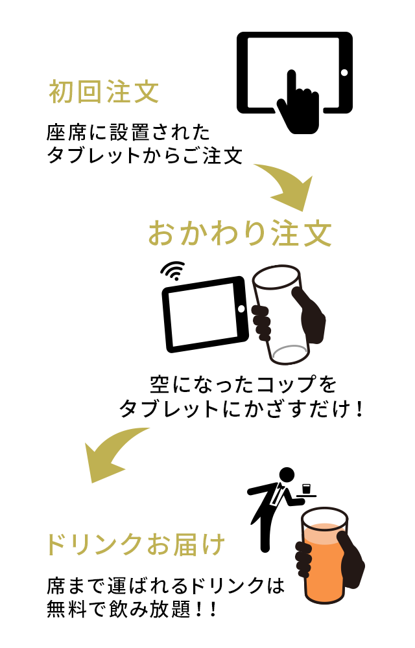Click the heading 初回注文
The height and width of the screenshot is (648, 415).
[x=104, y=91]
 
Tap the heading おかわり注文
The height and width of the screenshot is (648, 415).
[x=240, y=233]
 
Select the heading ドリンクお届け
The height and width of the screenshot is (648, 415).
[x=136, y=544]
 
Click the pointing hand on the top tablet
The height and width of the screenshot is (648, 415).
[x=298, y=103]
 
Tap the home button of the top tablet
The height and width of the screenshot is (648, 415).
[x=344, y=73]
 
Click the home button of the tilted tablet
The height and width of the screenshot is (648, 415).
[x=242, y=308]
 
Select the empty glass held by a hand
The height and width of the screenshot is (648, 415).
[x=280, y=315]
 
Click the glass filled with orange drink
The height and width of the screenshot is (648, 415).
[x=324, y=556]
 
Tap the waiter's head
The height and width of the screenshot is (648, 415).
[x=287, y=475]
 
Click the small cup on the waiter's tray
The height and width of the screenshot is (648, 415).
[x=307, y=489]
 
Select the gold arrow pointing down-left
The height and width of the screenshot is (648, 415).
[x=112, y=455]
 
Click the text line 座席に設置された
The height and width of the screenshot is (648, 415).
[x=128, y=133]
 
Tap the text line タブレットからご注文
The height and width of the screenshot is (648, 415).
[x=144, y=156]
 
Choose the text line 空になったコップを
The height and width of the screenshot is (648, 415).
[x=243, y=384]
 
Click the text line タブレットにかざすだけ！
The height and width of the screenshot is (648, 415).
[x=242, y=409]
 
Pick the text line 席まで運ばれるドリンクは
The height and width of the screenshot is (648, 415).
[x=166, y=585]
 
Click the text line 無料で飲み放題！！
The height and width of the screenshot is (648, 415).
[x=132, y=608]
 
